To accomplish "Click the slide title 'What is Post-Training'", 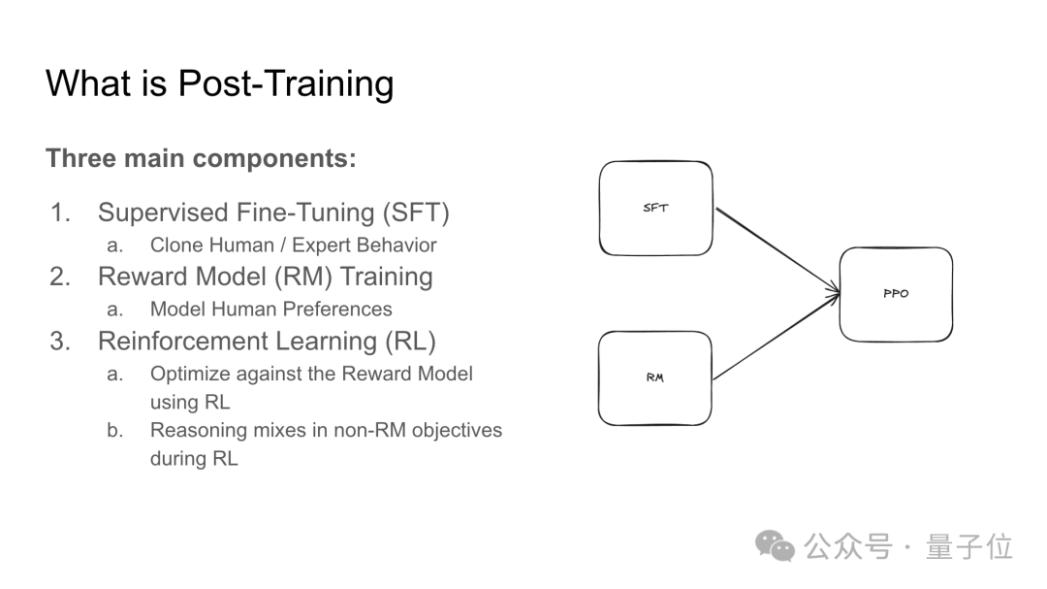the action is click(220, 84).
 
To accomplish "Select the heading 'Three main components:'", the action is click(201, 158).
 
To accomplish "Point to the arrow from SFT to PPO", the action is click(777, 250).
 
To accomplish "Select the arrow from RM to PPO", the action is click(777, 337).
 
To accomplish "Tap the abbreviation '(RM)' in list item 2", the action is click(300, 277).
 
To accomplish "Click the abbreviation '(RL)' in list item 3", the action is click(410, 341).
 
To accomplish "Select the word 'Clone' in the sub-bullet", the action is click(175, 245).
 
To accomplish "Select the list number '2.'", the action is click(60, 277).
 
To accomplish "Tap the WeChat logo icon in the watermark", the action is click(775, 546).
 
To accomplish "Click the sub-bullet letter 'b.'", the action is click(114, 430).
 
